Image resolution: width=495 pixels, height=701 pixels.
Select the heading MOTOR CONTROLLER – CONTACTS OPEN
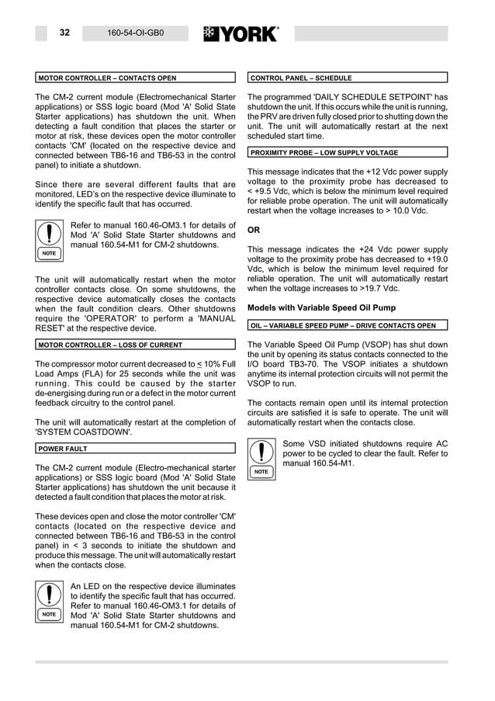pyautogui.click(x=107, y=78)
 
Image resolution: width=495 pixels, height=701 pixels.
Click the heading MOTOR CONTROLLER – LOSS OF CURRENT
pyautogui.click(x=110, y=345)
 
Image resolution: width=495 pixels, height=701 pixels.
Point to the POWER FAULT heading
pyautogui.click(x=63, y=448)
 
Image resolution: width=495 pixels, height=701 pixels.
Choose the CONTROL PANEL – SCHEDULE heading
pyautogui.click(x=301, y=78)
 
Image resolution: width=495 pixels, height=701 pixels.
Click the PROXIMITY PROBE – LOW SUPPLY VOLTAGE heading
pyautogui.click(x=324, y=153)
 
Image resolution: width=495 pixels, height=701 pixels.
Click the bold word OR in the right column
pyautogui.click(x=254, y=230)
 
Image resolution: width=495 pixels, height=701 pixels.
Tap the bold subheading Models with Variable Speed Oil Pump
pyautogui.click(x=321, y=307)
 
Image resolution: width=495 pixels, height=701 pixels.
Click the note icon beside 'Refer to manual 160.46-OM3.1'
pyautogui.click(x=49, y=239)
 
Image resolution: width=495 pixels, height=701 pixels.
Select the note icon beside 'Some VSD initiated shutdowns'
pyautogui.click(x=261, y=458)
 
